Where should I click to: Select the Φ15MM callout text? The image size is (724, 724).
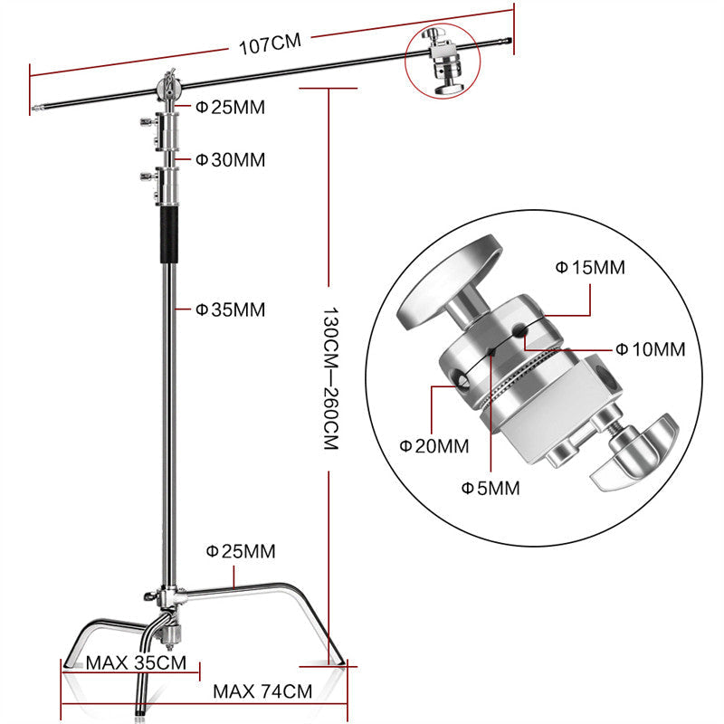[x=589, y=268]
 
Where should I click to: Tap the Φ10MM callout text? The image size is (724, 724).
[x=650, y=348]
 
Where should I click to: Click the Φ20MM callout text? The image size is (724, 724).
[x=434, y=445]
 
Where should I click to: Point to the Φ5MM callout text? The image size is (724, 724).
[x=491, y=488]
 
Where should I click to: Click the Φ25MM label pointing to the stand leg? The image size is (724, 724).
[x=241, y=550]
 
